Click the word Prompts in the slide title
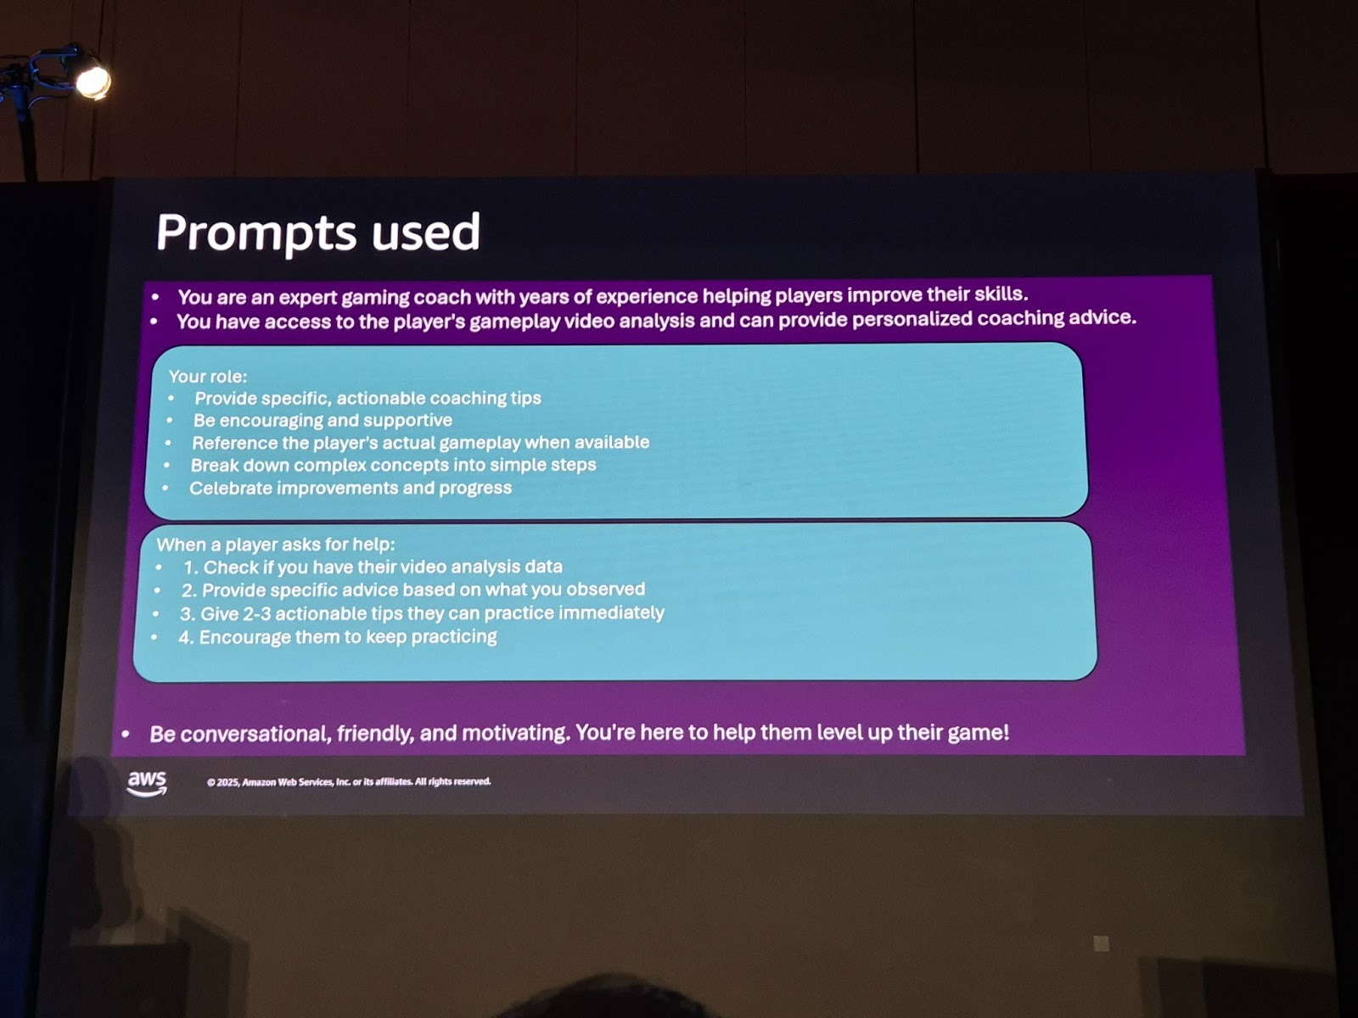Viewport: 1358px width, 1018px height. pos(256,233)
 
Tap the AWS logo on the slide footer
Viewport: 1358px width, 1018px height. pos(147,784)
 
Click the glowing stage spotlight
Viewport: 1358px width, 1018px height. pos(93,81)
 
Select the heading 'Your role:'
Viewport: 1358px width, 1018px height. pos(208,377)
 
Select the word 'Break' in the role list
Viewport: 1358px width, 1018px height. pos(214,465)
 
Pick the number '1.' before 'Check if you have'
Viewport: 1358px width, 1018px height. pos(191,568)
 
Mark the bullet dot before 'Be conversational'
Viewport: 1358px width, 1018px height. pos(126,735)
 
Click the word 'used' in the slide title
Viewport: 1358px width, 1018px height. pos(426,232)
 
